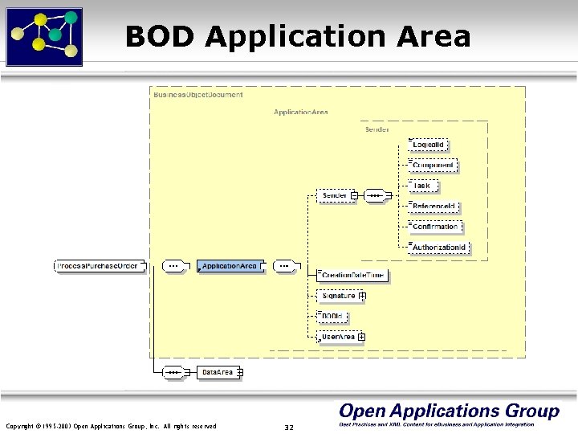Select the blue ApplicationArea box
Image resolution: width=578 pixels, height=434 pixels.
coord(230,265)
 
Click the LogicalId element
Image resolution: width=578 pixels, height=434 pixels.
coord(429,145)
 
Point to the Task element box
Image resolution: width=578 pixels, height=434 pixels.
coord(421,186)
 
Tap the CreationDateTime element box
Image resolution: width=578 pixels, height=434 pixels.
coord(353,276)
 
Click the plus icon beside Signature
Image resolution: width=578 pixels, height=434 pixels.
coord(363,297)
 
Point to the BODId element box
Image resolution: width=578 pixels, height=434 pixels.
coord(332,317)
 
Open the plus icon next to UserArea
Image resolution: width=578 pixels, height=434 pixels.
coord(362,338)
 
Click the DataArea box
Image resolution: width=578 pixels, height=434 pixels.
coord(218,372)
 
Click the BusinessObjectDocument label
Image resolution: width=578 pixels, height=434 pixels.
coord(197,95)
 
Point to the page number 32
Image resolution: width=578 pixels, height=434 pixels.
coord(289,427)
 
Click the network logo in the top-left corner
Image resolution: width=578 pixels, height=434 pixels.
coord(44,35)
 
